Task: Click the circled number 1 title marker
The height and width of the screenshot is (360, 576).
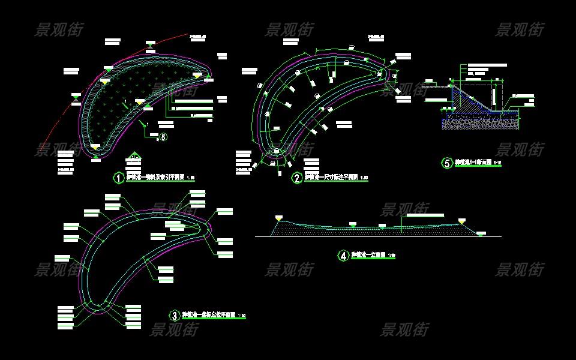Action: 119,178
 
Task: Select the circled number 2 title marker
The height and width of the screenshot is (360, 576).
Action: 297,178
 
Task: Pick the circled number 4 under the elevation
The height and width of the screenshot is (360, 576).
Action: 343,256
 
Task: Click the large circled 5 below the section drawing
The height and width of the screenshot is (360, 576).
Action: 447,163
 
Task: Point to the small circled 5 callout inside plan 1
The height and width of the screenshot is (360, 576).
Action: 163,137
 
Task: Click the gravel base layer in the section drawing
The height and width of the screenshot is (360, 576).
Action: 480,124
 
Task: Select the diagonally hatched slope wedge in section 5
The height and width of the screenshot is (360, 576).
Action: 465,99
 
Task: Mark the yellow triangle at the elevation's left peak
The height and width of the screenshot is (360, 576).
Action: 278,217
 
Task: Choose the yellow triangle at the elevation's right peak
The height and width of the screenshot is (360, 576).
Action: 462,221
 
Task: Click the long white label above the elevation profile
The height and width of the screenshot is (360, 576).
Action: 426,214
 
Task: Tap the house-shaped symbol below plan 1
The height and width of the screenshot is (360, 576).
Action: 133,159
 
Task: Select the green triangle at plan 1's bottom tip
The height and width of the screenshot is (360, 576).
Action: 96,158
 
